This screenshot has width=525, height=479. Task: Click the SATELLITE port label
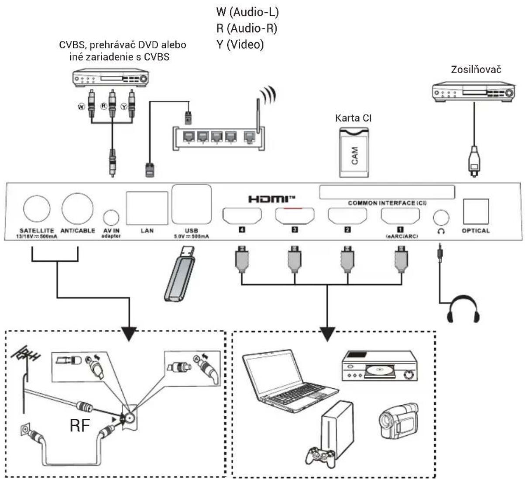pos(37,230)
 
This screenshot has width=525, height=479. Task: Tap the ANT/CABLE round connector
pos(78,209)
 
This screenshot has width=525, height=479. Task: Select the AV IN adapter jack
pos(111,217)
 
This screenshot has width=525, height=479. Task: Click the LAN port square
pos(147,208)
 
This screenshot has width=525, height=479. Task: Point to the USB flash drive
pos(179,274)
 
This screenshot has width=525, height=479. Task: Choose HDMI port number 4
pos(242,216)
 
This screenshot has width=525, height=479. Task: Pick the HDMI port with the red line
pos(295,216)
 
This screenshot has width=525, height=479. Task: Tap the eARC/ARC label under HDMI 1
pos(402,236)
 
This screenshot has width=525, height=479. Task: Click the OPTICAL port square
pos(476,212)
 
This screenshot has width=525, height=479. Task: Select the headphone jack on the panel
pos(441,217)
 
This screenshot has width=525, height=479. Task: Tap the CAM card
pos(354,153)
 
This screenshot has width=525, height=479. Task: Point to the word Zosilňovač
pos(476,70)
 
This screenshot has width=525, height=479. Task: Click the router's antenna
pos(258,115)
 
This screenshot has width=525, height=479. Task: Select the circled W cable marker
pos(82,107)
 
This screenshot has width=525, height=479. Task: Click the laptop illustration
pos(290,381)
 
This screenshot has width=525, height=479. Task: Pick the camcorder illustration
pos(399,421)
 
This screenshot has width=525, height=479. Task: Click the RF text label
pos(80,425)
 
